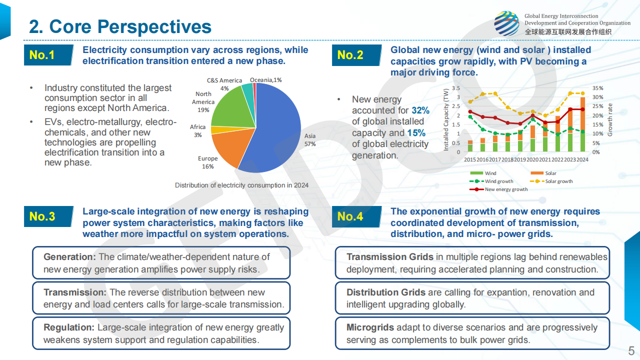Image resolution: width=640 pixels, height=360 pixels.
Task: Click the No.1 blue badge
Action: coord(42,55)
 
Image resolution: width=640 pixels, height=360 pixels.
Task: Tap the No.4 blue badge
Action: coord(350,216)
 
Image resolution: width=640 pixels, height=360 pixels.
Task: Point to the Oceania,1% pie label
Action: coord(266,80)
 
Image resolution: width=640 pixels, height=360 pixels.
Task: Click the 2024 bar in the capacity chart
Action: coord(582,125)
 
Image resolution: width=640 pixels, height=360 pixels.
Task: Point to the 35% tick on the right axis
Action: coord(597,88)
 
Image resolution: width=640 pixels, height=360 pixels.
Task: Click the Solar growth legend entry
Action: coord(558,181)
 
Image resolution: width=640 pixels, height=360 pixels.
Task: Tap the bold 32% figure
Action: coord(420,110)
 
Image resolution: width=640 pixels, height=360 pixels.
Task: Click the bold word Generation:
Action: coord(69,257)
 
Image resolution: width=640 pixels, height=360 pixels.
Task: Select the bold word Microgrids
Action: coord(370,327)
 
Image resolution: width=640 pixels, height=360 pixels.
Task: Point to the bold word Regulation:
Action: coord(69,327)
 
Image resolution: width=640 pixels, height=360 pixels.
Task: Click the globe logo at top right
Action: coord(506,23)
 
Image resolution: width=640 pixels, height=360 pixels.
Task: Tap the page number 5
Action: coord(631,349)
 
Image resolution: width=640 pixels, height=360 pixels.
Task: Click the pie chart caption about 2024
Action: coord(241,185)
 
